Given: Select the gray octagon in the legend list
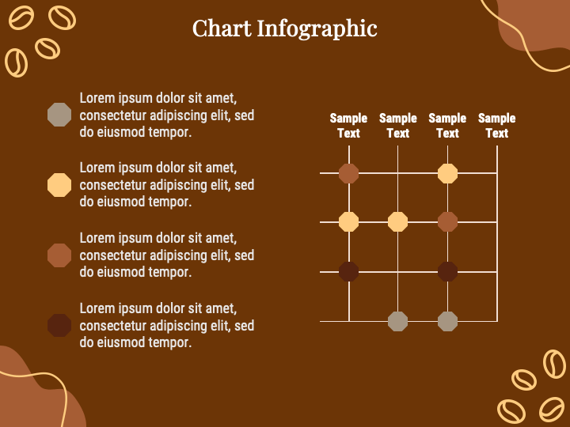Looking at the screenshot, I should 59,115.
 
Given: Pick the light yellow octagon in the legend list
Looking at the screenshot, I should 59,185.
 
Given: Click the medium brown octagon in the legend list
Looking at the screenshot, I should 59,255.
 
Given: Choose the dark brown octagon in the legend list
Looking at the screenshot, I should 59,325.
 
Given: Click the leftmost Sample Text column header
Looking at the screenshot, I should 348,126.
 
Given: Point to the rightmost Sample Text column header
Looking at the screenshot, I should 496,126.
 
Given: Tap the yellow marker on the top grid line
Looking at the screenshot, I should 447,173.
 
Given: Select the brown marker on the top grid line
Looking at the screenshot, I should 348,173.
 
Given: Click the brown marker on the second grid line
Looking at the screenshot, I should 447,222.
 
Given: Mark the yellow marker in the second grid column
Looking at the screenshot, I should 397,222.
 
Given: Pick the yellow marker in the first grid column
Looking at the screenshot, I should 348,222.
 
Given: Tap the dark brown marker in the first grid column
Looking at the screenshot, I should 348,272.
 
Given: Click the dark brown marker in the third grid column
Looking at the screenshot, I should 447,272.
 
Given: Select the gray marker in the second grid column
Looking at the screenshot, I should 397,321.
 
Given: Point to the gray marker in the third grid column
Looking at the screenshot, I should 447,321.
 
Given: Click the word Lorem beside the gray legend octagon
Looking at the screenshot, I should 97,98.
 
